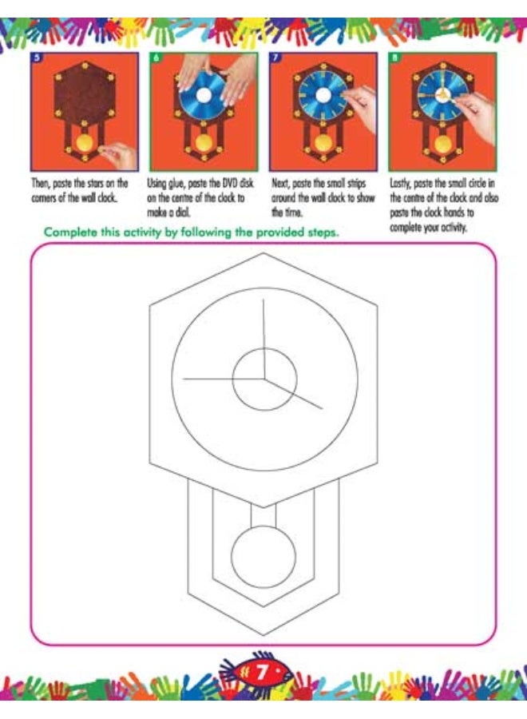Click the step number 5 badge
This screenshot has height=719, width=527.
(36, 58)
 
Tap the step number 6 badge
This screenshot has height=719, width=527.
(156, 58)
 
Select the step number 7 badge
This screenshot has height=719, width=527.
(275, 58)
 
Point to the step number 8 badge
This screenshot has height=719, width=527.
(394, 58)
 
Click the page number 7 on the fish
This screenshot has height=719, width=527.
(262, 672)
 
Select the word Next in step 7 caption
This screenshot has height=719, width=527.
(280, 184)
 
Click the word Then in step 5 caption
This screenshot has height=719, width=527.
(41, 184)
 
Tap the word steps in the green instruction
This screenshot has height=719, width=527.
(323, 232)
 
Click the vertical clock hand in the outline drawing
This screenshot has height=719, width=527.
(264, 340)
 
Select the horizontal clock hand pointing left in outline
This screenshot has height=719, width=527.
(223, 379)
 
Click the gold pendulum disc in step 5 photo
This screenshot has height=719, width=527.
(85, 143)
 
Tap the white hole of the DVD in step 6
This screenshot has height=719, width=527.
(204, 95)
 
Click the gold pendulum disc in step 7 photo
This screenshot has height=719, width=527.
(323, 143)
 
